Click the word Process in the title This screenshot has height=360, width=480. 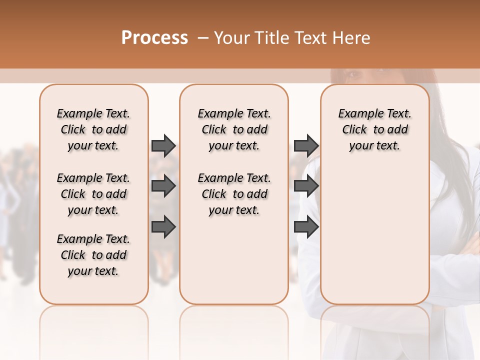(154, 38)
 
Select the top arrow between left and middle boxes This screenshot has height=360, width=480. (163, 145)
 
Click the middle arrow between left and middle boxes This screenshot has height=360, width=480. (163, 186)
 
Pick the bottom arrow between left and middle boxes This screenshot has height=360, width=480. (163, 227)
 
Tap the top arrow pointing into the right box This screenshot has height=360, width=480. (306, 145)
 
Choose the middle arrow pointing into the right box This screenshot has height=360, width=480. (306, 186)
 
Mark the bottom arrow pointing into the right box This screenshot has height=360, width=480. (306, 227)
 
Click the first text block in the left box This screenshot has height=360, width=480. (93, 129)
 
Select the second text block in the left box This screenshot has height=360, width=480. (93, 194)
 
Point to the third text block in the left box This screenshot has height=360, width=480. (93, 255)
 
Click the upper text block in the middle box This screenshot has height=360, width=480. (234, 129)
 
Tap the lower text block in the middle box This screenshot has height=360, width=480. (234, 194)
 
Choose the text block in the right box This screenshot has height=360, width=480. (374, 129)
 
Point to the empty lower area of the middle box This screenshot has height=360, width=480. (234, 260)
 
